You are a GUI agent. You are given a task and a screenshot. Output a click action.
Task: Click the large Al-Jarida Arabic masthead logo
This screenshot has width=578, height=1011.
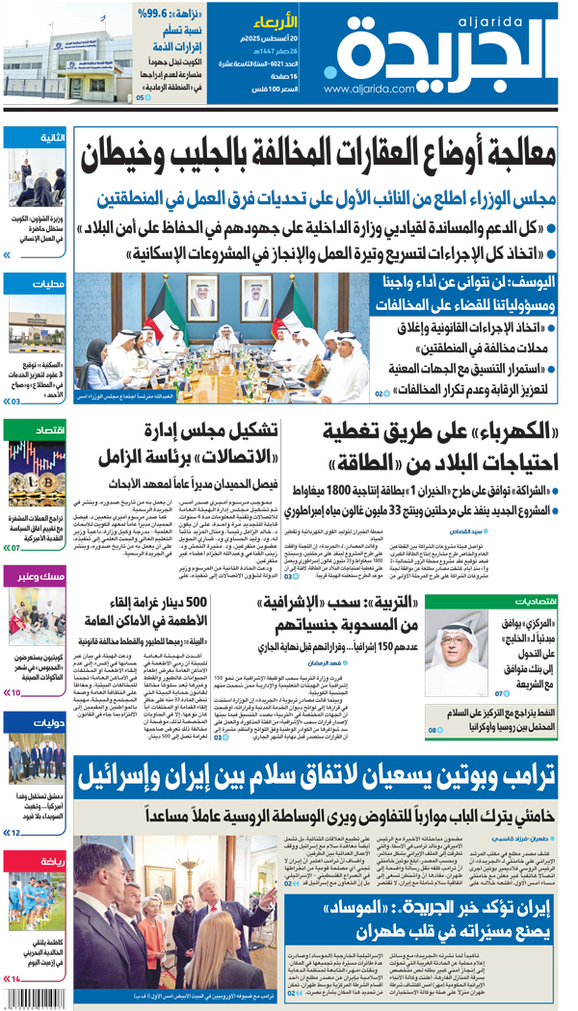point(453,53)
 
